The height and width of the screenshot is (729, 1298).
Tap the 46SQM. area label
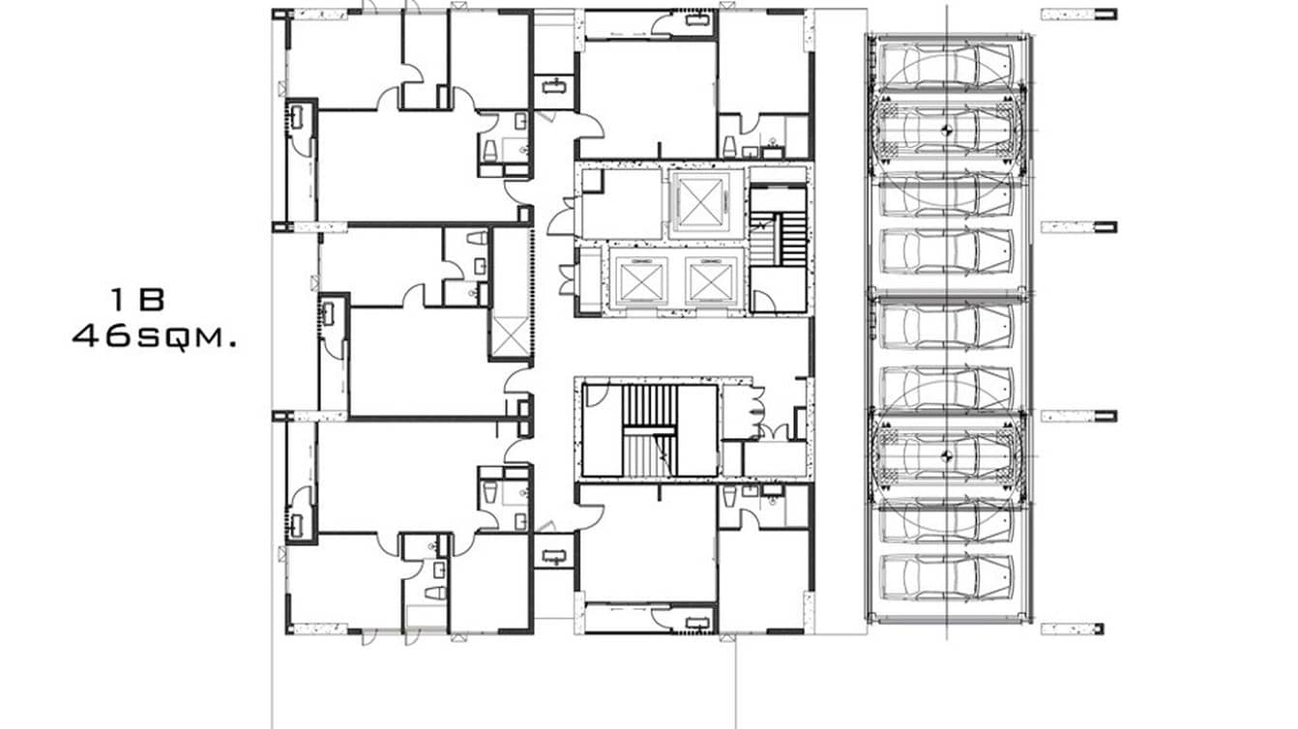coord(155,337)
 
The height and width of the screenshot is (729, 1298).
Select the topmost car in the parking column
coord(945,66)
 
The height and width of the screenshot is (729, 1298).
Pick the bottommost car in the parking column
coord(945,577)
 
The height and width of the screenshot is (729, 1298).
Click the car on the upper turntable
coord(945,127)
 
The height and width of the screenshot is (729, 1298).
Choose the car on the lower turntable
coord(945,451)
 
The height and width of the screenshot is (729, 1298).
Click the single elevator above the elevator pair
coord(699,202)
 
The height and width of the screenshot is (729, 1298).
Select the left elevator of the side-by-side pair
coord(638,280)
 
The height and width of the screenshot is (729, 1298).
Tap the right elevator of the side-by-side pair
coord(712,280)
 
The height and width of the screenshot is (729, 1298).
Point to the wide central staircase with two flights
coord(650,429)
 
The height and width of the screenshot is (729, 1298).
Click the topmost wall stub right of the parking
coord(1078,15)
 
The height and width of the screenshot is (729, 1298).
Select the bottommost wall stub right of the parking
coord(1072,628)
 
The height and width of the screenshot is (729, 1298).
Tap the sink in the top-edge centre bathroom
coord(695,18)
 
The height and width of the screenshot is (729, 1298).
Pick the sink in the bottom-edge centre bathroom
coord(695,622)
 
